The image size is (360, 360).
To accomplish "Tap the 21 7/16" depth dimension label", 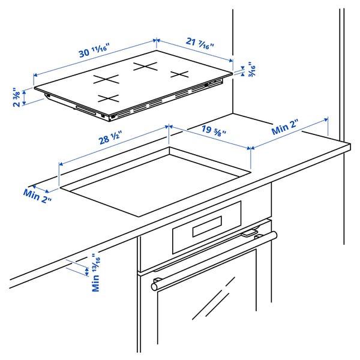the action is (x=200, y=43).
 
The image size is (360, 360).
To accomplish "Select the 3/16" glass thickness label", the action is (x=252, y=69).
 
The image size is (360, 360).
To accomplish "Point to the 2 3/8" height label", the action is (x=17, y=97).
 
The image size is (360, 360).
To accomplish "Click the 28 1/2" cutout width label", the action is (x=110, y=137).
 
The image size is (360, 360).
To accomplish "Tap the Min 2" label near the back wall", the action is (x=284, y=127).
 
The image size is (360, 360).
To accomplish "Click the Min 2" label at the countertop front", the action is (x=37, y=196).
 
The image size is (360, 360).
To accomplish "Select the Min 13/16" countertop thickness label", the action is (x=96, y=272).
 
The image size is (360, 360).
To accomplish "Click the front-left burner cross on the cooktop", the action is (x=109, y=98).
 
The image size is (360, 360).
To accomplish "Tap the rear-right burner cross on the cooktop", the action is (x=179, y=74).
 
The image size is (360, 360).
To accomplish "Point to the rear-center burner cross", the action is (x=145, y=67).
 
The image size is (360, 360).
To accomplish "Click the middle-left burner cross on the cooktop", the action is (x=106, y=79).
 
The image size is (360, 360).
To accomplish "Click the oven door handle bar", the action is (x=214, y=261).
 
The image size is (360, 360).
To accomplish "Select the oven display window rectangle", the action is (x=207, y=226).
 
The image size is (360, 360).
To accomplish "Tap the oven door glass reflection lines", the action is (x=214, y=298).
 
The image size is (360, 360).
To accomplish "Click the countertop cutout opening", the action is (x=155, y=182).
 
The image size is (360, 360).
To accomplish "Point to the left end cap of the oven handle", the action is (x=154, y=287).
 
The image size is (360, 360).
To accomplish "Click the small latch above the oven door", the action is (x=250, y=233).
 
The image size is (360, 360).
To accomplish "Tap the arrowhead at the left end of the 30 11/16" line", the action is (x=35, y=75).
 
